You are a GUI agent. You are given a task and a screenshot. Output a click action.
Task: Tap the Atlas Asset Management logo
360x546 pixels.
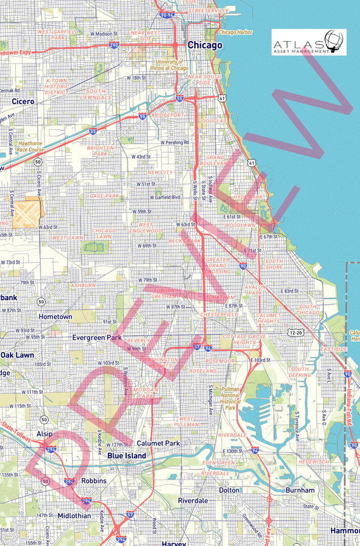click(309, 42)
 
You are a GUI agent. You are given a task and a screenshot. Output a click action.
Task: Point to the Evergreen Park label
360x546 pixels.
click(97, 338)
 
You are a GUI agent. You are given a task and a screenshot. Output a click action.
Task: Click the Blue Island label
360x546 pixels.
click(127, 455)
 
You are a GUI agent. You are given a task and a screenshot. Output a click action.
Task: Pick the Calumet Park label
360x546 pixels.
click(158, 443)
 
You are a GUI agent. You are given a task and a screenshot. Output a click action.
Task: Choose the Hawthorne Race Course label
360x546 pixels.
click(30, 146)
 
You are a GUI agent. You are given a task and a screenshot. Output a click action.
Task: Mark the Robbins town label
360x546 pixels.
click(94, 481)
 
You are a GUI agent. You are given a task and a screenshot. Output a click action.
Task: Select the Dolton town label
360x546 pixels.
click(229, 490)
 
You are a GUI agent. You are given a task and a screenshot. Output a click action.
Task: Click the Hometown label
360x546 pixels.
click(55, 317)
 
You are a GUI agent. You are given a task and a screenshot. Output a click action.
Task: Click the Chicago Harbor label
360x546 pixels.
click(236, 32)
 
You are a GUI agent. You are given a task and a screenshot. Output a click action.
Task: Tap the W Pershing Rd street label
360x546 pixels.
click(174, 142)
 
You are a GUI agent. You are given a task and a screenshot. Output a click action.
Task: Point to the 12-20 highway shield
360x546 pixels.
click(296, 333)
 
